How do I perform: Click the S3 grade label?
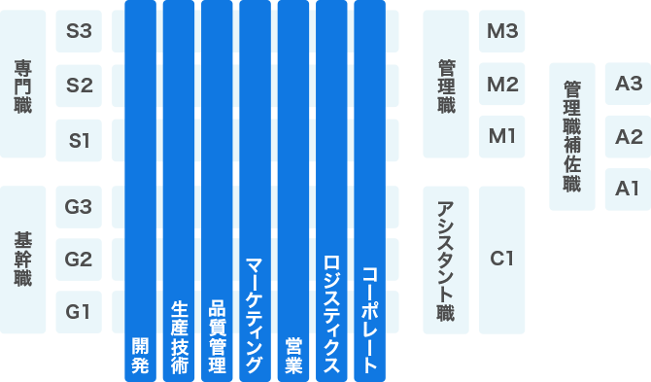(x=79, y=32)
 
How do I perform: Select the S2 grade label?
(x=79, y=86)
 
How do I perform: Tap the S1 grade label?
(x=79, y=140)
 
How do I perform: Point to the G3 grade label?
(x=79, y=206)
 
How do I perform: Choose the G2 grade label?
(x=79, y=260)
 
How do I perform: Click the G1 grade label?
(x=79, y=312)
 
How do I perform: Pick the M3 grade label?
(x=502, y=31)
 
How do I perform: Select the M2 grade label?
(x=502, y=84)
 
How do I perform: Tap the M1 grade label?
(x=502, y=135)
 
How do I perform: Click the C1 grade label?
(x=502, y=259)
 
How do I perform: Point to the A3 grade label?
(x=629, y=84)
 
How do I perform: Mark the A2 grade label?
(x=629, y=136)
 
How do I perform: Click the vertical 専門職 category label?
(x=22, y=87)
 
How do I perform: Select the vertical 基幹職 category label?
(x=22, y=259)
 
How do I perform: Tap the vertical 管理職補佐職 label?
(x=572, y=136)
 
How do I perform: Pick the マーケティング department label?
(x=255, y=316)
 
